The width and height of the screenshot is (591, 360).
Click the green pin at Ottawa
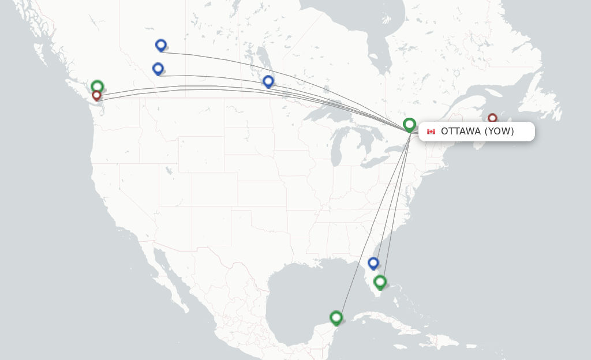[409, 124]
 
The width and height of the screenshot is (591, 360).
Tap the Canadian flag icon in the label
[431, 132]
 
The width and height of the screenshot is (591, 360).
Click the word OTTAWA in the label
[461, 132]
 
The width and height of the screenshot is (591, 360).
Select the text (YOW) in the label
[499, 132]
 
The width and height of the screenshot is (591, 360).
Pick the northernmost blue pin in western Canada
[161, 44]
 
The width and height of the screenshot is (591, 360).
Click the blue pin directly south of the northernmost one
[158, 68]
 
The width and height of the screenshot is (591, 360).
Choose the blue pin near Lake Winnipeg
[268, 81]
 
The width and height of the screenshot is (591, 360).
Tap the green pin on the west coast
[97, 86]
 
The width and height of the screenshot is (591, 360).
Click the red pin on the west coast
[96, 95]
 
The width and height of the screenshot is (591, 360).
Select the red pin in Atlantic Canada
[492, 118]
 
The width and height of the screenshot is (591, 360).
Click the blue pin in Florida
[373, 262]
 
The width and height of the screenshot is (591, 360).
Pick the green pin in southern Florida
[380, 282]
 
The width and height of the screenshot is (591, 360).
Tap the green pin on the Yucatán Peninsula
[336, 317]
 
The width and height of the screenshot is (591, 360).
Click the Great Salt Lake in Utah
[168, 171]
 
